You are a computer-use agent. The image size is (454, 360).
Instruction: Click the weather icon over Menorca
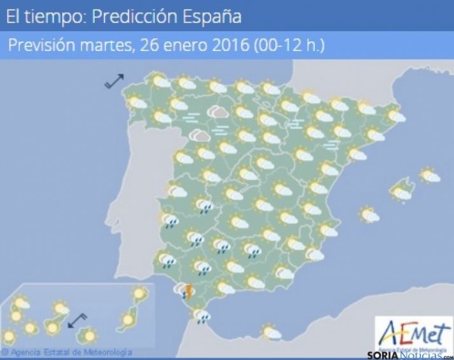430,175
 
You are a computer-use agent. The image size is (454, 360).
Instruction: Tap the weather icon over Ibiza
369,215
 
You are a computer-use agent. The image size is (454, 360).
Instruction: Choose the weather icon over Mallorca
401,191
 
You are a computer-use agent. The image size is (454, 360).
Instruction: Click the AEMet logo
413,333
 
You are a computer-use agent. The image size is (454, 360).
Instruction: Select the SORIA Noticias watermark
409,354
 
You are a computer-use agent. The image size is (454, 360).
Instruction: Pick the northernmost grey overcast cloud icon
220,113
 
